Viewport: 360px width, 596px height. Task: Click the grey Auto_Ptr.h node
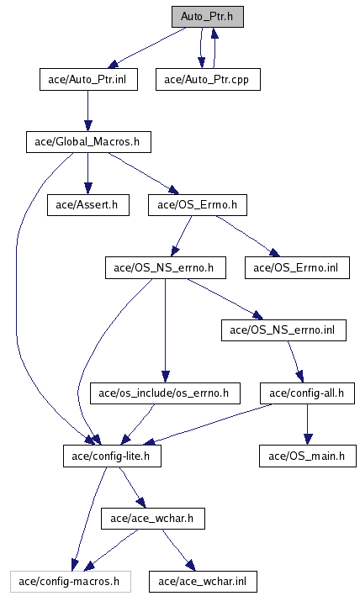click(208, 17)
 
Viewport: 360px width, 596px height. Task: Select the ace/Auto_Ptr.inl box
click(88, 80)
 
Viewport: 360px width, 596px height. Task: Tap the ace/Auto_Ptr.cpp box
click(208, 80)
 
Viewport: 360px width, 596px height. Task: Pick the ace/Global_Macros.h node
click(88, 142)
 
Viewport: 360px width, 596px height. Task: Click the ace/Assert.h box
click(88, 205)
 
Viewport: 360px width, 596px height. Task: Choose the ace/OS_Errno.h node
click(198, 205)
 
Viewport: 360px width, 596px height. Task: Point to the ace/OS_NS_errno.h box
click(166, 267)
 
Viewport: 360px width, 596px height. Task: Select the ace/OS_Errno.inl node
click(297, 267)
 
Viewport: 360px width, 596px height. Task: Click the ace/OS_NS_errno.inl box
click(283, 330)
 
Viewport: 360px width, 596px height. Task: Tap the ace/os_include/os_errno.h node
click(165, 393)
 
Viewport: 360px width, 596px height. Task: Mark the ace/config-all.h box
click(307, 393)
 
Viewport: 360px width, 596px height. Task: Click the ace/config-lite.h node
click(112, 456)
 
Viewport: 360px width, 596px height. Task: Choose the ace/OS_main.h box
click(308, 456)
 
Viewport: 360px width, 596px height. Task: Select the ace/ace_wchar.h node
click(153, 519)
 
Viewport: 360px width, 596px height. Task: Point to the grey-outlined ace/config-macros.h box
click(71, 582)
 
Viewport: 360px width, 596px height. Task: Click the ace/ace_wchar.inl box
click(203, 582)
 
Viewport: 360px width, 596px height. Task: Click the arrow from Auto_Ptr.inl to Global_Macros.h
click(88, 111)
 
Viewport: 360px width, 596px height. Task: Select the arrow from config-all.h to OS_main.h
click(308, 425)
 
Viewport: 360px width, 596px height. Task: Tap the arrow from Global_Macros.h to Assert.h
click(88, 174)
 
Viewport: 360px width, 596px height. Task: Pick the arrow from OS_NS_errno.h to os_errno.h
click(165, 330)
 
